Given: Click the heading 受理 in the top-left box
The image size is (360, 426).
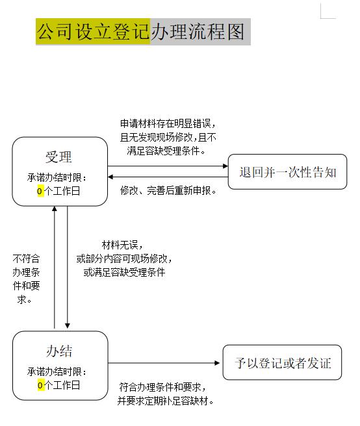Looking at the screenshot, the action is pos(58,157).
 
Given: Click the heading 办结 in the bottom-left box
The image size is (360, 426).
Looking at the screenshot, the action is pos(59,351).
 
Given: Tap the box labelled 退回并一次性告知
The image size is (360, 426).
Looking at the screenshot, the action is pos(287,171).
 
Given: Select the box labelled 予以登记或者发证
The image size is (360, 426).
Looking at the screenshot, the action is pos(282,362).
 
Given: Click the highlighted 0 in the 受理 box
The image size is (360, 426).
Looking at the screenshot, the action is pos(40,191).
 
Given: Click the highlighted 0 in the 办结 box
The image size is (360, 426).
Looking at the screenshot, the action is pos(40,385).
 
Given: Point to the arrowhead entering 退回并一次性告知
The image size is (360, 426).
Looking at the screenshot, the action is pos(225,166).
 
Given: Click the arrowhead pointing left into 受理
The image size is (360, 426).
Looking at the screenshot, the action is pos(110,177).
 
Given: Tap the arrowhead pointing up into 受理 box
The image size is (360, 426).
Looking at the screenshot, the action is pos(55,208).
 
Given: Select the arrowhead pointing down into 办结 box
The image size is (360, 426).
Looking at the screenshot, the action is pos(68,326).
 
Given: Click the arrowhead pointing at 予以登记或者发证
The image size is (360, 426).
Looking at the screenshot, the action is pos(217,363).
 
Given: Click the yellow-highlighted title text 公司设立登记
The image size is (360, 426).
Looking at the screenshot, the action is pos(93,32).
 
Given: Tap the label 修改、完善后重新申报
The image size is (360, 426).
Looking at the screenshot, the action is pos(168,191).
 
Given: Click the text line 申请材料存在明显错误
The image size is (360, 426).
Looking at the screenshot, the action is pos(166,123).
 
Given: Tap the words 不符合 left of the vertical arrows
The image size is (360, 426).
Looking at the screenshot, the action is pos(26,258).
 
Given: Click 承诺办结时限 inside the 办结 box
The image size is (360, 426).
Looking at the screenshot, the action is pos(55,371).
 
